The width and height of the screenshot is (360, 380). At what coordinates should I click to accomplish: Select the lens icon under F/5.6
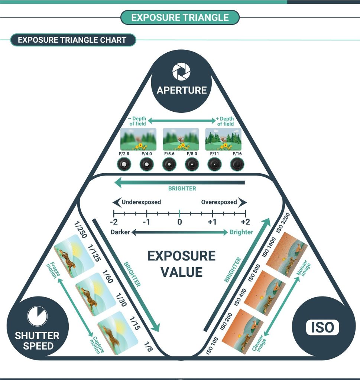(169, 164)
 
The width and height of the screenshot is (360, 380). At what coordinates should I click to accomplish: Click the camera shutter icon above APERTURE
(181, 71)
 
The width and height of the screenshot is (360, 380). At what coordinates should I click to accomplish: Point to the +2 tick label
(245, 222)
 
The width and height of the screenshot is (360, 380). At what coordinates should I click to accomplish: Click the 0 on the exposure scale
(179, 222)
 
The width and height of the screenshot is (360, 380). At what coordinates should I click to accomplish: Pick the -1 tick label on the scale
(146, 222)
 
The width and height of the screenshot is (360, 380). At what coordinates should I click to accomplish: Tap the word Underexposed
(141, 202)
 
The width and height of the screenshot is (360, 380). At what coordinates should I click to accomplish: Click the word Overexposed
(219, 202)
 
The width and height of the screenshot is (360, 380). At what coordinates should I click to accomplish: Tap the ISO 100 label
(211, 344)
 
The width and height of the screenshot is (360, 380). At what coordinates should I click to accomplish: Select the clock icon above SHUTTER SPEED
(37, 316)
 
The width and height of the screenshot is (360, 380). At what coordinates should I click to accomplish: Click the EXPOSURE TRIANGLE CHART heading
(72, 40)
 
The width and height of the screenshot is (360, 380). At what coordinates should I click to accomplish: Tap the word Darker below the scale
(120, 232)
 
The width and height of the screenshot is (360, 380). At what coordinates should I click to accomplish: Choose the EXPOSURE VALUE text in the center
(181, 264)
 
